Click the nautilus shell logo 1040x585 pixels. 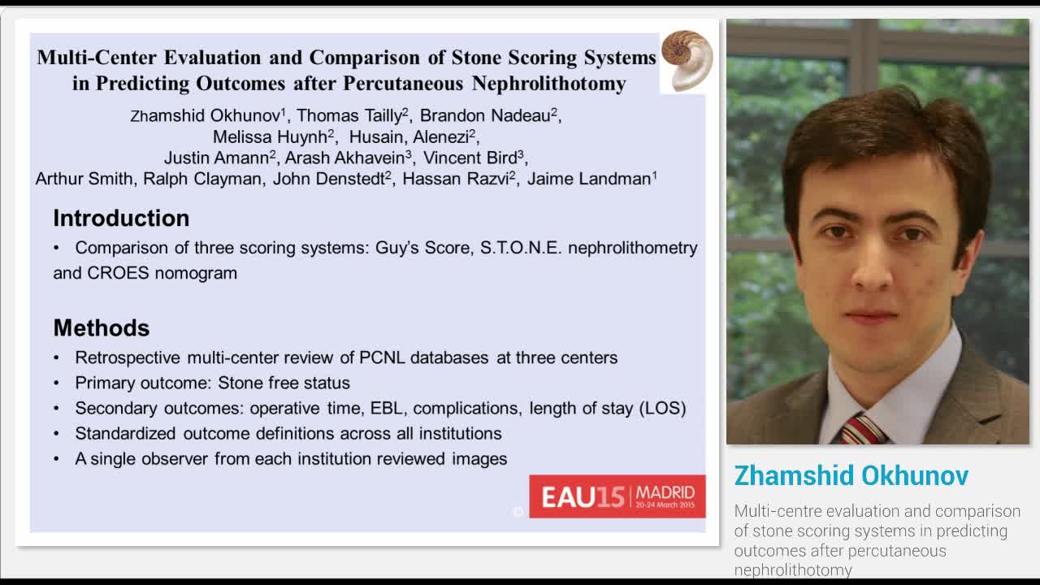pyautogui.click(x=687, y=60)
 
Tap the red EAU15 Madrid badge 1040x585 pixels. pyautogui.click(x=617, y=496)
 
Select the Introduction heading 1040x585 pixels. pyautogui.click(x=121, y=218)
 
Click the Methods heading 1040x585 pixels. pyautogui.click(x=102, y=327)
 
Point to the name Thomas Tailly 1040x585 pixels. pyautogui.click(x=350, y=115)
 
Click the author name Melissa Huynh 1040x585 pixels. pyautogui.click(x=271, y=136)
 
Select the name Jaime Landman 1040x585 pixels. pyautogui.click(x=589, y=179)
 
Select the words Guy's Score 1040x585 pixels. pyautogui.click(x=422, y=248)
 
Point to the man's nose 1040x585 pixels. pyautogui.click(x=871, y=268)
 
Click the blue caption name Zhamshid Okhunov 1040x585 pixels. pyautogui.click(x=851, y=475)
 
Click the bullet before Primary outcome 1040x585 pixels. pyautogui.click(x=57, y=383)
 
